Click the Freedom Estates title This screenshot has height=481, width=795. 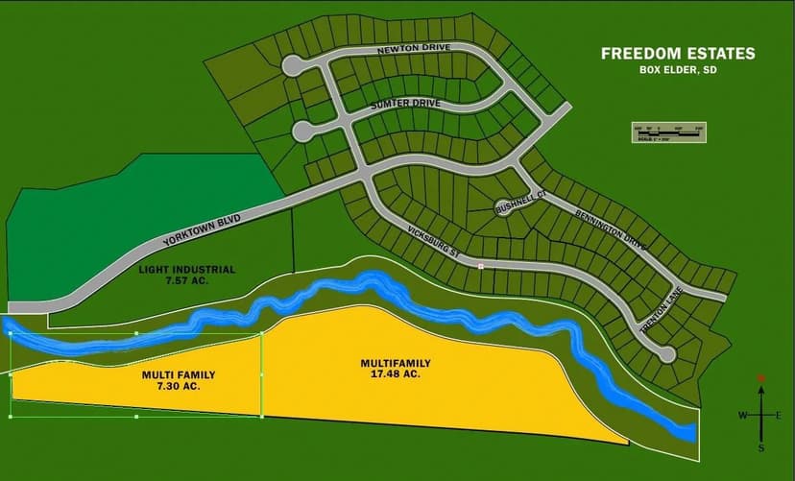coord(678,54)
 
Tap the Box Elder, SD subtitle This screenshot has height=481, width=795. coord(678,70)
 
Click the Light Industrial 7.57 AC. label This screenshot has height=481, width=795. coord(187,276)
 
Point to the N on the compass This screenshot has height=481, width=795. coord(761,378)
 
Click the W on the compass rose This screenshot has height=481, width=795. coord(741,415)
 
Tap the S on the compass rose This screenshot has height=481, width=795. coord(761,447)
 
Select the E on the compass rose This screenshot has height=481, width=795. coord(779,415)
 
